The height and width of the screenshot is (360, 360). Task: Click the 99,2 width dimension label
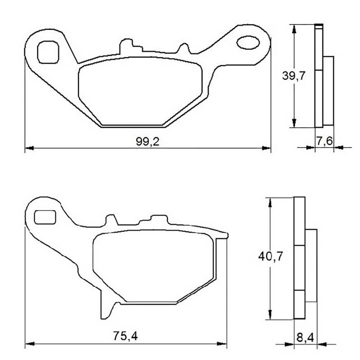148,142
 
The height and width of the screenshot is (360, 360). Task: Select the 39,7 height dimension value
294,76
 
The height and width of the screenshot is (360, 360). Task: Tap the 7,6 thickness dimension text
324,141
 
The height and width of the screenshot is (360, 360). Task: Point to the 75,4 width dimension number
126,336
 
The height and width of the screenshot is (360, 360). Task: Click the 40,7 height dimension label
270,256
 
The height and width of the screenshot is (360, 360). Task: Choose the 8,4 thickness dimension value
305,338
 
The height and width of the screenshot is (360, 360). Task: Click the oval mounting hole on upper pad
248,42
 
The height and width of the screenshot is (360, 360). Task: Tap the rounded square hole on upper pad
48,52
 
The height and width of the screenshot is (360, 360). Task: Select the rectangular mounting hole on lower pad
45,217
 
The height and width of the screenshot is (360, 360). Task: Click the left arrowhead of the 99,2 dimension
29,148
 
